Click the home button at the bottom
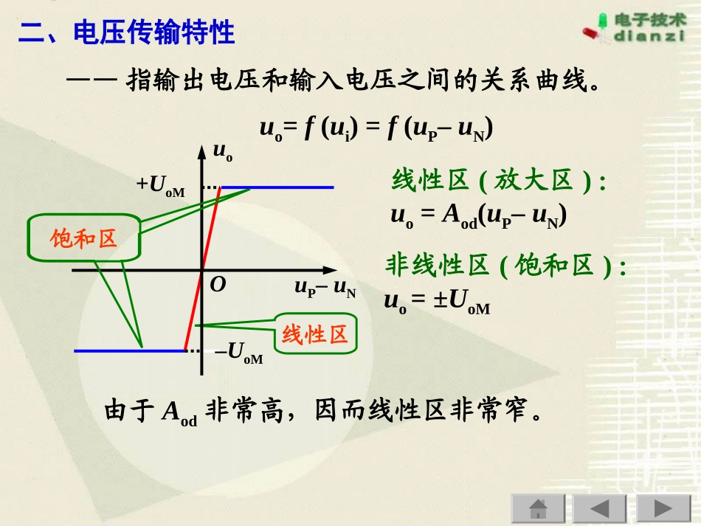click(x=538, y=509)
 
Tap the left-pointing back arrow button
click(x=600, y=509)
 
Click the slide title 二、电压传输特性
click(x=126, y=33)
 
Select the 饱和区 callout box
click(x=83, y=238)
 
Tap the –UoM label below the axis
click(x=238, y=353)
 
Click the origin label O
click(x=218, y=285)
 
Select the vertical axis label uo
click(x=223, y=152)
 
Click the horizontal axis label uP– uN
click(x=325, y=288)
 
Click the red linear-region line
click(x=202, y=270)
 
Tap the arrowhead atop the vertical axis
click(x=201, y=150)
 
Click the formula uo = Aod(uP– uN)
click(x=478, y=215)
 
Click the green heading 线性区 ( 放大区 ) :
click(x=498, y=181)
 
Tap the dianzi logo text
click(x=649, y=36)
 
